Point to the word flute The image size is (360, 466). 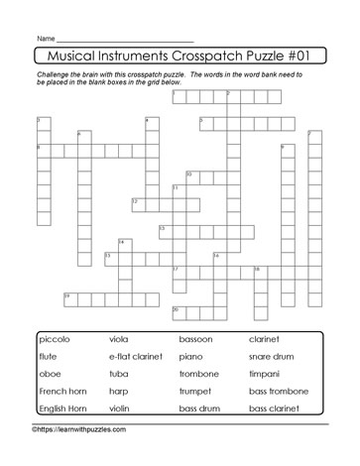49,357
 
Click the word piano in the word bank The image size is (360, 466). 191,357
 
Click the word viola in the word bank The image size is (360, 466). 120,340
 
